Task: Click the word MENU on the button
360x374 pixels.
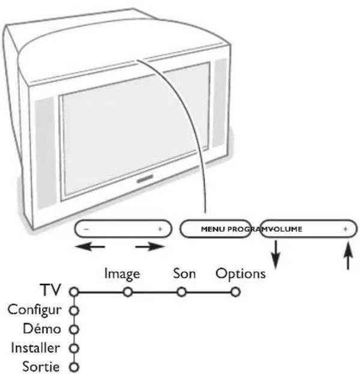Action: tap(212, 230)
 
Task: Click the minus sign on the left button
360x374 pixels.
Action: tap(86, 230)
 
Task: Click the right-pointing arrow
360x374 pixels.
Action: tap(149, 247)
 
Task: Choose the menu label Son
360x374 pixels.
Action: tap(181, 274)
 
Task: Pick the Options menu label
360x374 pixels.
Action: tap(241, 274)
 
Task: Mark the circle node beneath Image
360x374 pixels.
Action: tap(127, 292)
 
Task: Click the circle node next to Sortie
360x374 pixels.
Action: tap(74, 367)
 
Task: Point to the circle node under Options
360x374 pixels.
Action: tap(235, 292)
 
